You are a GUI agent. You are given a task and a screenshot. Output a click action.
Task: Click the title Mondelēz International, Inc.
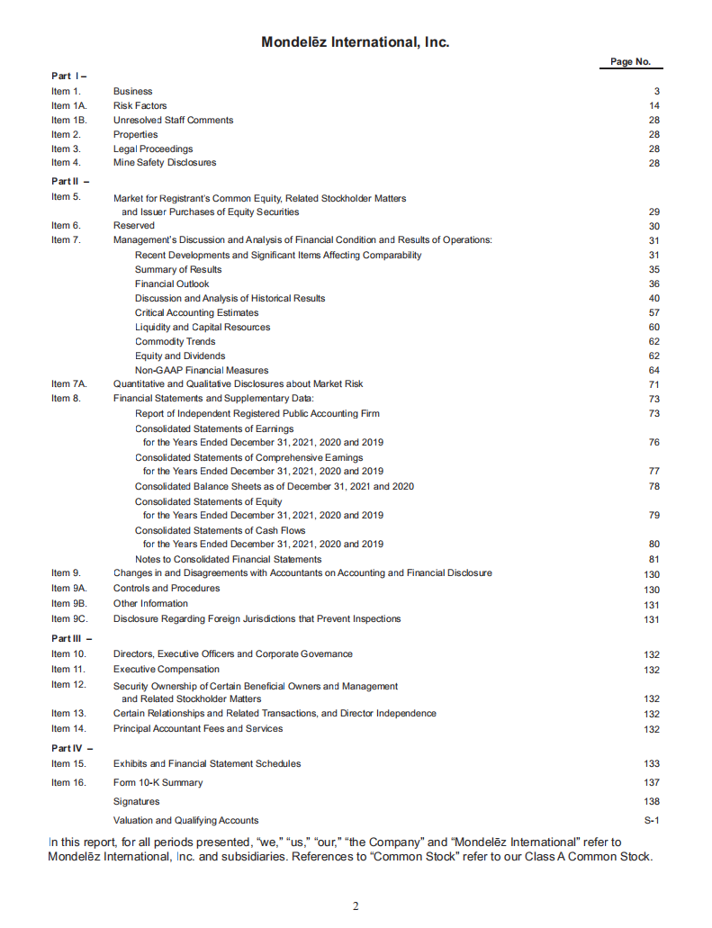pos(355,42)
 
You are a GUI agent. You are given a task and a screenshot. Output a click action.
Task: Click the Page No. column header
pos(630,62)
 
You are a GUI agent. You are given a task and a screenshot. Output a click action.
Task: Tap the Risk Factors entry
pos(140,105)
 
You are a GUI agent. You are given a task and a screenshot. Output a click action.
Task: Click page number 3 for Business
pos(657,92)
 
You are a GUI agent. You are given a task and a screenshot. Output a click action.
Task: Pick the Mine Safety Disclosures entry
pos(164,163)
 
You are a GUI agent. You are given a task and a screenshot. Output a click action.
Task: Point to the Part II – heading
pos(69,182)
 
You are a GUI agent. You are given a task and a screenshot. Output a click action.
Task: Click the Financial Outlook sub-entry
pos(172,284)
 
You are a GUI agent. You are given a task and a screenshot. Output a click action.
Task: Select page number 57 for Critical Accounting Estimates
pos(654,313)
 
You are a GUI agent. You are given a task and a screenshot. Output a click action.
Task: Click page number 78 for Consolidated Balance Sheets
pos(654,487)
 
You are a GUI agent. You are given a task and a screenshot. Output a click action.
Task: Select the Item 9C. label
pos(68,618)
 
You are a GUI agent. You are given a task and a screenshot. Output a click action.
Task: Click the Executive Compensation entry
pos(166,669)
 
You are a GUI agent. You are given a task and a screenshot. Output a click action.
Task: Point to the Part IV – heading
pos(69,748)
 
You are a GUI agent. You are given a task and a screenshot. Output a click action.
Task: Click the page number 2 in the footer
pos(356,905)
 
